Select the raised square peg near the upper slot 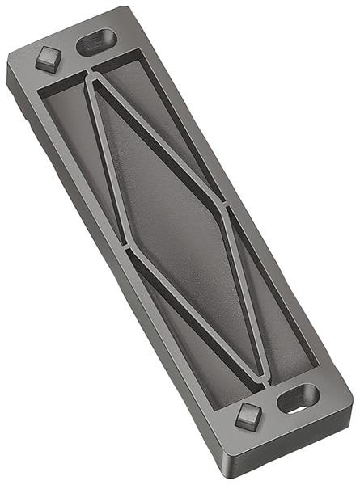49,59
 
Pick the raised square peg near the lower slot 248,416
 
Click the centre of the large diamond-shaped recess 174,222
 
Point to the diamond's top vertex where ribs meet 91,78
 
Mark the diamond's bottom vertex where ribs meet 262,373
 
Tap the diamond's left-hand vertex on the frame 125,242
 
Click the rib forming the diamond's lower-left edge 194,311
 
